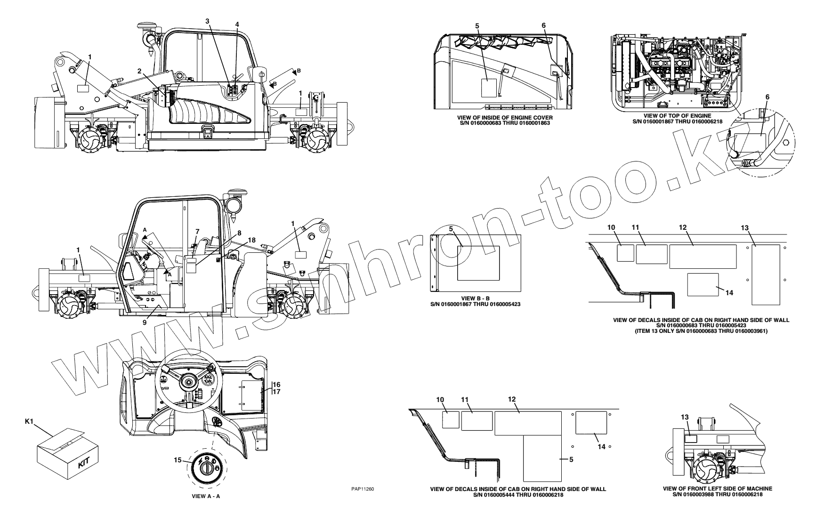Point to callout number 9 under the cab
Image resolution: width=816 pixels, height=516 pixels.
145,323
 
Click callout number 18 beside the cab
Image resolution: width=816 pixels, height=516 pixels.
252,240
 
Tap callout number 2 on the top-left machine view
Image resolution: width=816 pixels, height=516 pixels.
139,71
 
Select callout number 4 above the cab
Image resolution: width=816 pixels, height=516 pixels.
237,24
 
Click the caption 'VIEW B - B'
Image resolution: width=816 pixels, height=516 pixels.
475,298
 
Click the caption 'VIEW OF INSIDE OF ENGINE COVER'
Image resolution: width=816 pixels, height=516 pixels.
505,117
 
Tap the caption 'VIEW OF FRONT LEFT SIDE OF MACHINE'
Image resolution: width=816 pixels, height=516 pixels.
717,489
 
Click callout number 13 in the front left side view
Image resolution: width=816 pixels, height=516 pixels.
685,417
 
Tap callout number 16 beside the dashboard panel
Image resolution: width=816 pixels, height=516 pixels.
277,385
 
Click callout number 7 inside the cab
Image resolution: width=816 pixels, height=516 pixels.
197,231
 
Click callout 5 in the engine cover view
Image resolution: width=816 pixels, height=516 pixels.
477,26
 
